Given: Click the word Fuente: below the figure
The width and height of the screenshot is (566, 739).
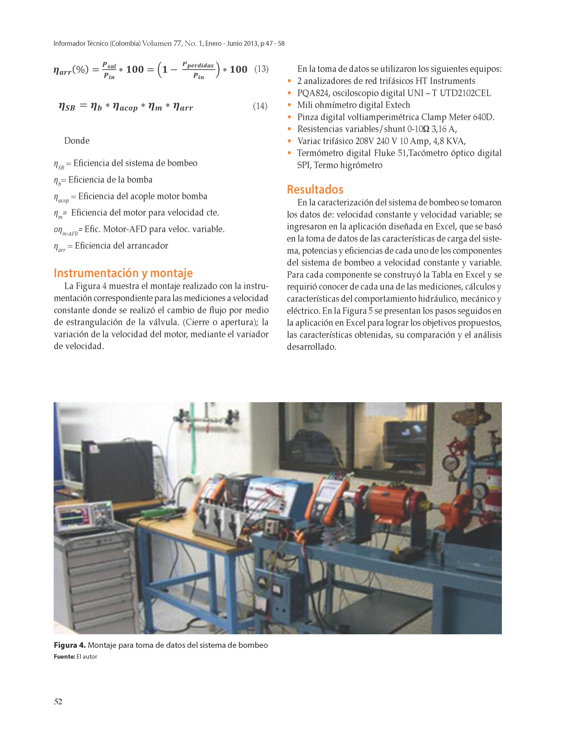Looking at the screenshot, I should point(64,657).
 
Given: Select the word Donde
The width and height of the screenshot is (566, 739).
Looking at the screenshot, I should point(77,141).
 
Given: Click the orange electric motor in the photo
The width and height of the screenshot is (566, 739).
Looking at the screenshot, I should point(391,502).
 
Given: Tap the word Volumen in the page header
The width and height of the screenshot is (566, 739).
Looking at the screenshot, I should point(157,44).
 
